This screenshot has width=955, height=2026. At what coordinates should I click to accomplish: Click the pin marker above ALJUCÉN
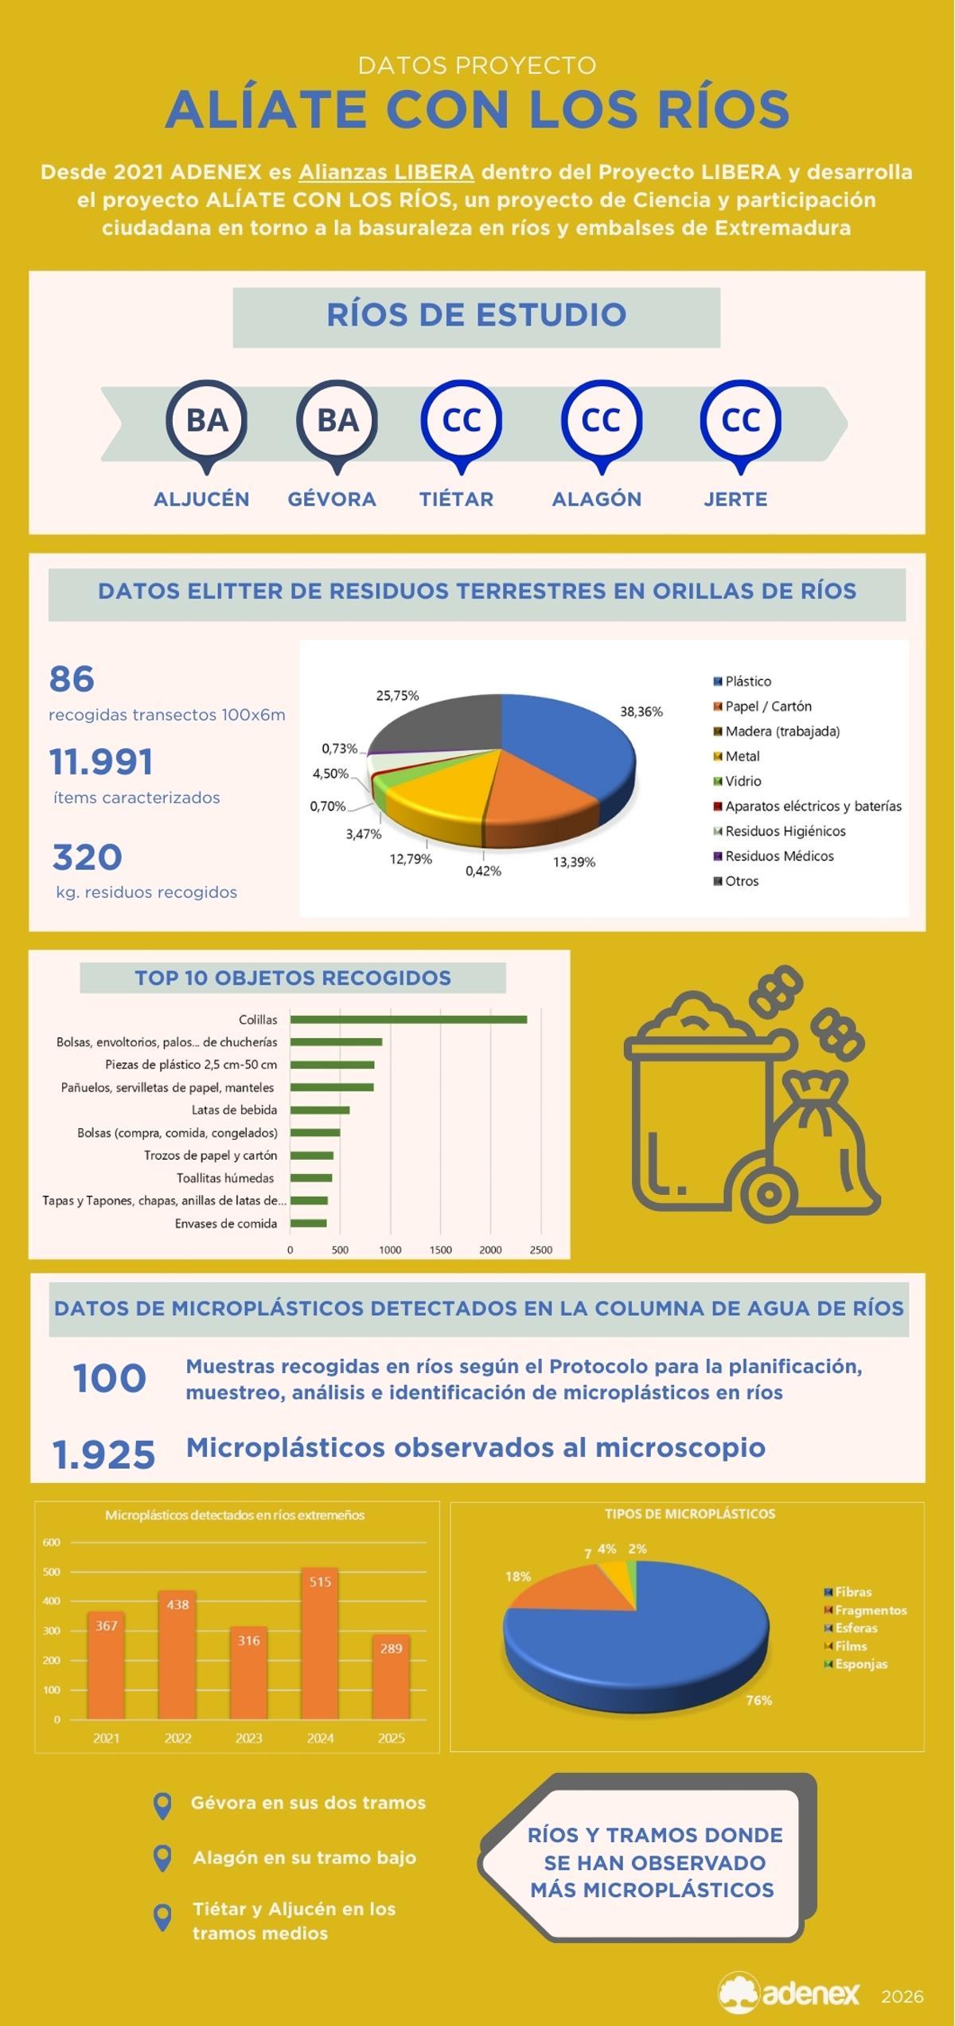[x=207, y=422]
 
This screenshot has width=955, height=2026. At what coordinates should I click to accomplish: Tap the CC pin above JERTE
[x=740, y=422]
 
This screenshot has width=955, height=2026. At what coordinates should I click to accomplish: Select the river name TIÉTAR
[x=456, y=499]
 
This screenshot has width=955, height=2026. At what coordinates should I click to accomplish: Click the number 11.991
[x=101, y=761]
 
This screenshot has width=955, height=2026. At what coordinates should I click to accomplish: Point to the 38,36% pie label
[x=641, y=712]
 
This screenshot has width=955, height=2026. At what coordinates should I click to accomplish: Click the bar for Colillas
[x=407, y=1020]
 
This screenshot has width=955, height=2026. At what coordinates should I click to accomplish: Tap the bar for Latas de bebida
[x=319, y=1110]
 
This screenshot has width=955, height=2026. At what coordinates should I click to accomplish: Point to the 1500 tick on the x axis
[x=440, y=1250]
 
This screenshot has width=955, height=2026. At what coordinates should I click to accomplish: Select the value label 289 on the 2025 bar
[x=391, y=1649]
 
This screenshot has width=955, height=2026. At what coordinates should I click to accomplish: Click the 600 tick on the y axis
[x=52, y=1543]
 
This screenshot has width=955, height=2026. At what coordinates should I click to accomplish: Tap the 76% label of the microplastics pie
[x=758, y=1700]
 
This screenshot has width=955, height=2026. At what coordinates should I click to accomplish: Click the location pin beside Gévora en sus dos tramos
[x=162, y=1806]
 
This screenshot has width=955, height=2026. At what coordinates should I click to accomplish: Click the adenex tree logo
[x=738, y=1993]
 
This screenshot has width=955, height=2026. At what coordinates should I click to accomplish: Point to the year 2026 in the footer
[x=902, y=1997]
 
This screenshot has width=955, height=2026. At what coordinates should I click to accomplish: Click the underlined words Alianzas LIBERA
[x=386, y=172]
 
